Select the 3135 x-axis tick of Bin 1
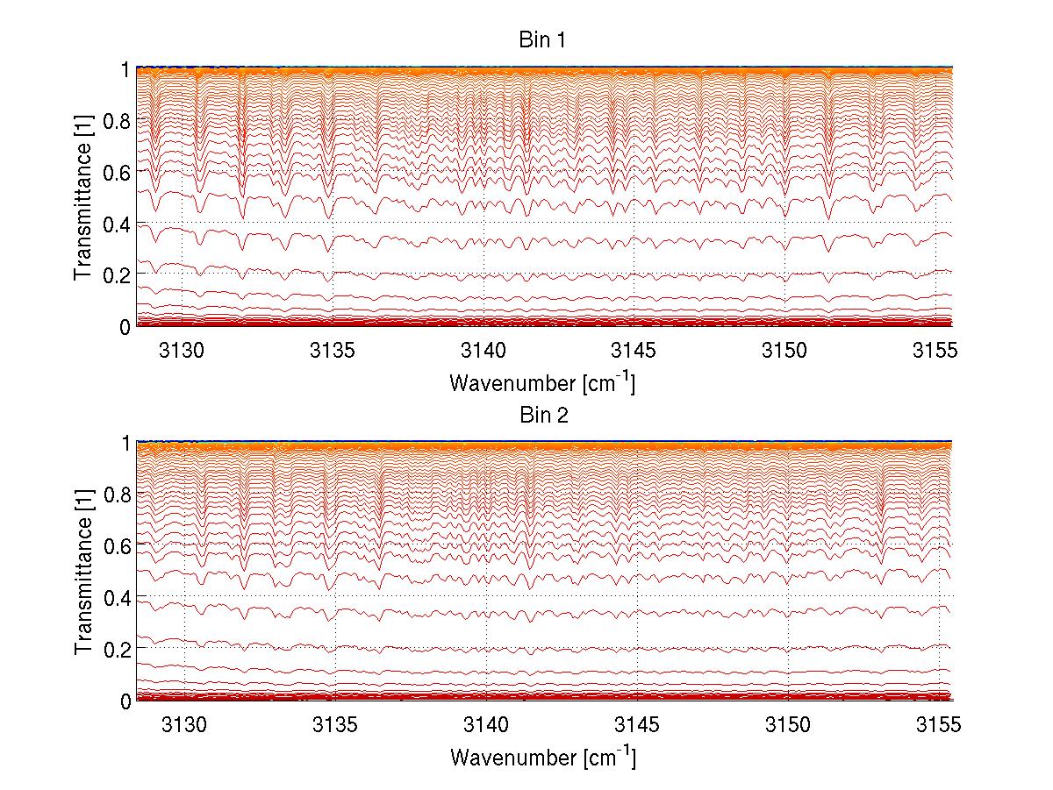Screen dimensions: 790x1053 (x=333, y=351)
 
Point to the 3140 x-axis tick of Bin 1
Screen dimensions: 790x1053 (x=484, y=351)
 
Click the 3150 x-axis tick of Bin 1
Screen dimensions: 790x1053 (x=784, y=351)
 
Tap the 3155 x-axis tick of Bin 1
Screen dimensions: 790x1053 (x=935, y=351)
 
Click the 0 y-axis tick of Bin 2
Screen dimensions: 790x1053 (x=125, y=701)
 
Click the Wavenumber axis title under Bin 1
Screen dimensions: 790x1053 (x=542, y=382)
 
